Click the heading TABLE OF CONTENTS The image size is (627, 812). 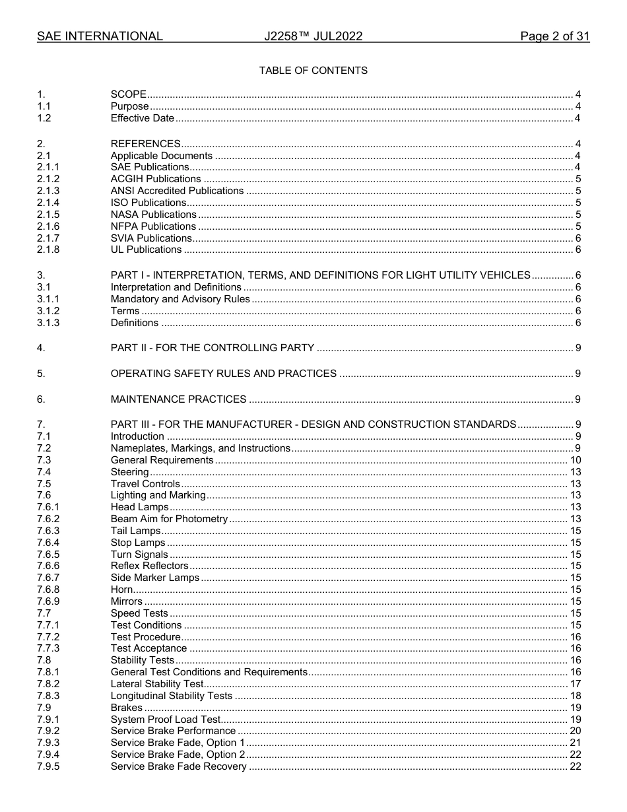[313, 71]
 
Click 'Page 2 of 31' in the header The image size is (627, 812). [554, 37]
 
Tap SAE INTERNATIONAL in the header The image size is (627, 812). [100, 37]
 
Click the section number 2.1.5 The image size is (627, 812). [48, 215]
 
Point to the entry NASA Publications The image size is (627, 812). [153, 215]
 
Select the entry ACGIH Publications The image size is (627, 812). [156, 179]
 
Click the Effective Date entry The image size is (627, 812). [143, 119]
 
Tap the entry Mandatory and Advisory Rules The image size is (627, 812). [180, 299]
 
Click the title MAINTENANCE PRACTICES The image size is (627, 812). [178, 399]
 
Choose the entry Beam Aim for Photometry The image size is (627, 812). [169, 519]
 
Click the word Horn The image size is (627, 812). [121, 590]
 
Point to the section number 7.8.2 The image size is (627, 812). [48, 684]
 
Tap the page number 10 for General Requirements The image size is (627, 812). [575, 460]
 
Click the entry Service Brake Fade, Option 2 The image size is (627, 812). [178, 755]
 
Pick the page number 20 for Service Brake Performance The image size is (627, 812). [575, 731]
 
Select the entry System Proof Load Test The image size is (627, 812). [165, 720]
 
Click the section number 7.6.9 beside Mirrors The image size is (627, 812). [48, 601]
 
